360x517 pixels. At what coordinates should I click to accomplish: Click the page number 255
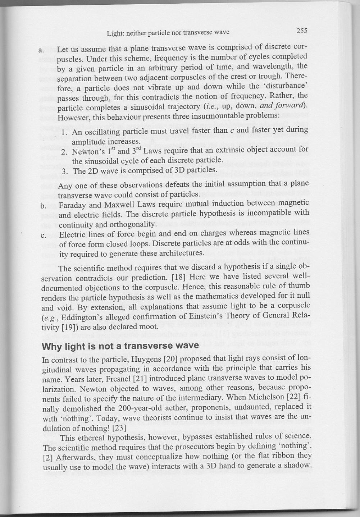pos(302,31)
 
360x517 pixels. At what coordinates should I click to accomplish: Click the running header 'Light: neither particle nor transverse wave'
pos(168,33)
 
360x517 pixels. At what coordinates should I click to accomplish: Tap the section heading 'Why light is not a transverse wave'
pos(120,346)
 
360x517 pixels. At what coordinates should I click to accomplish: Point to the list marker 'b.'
pos(43,206)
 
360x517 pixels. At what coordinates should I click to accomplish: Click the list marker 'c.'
pos(43,236)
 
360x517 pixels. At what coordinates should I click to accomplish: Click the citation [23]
pos(119,428)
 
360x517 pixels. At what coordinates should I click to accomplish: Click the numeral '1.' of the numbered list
pos(65,132)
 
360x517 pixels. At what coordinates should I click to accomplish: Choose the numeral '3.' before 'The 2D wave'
pos(65,171)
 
